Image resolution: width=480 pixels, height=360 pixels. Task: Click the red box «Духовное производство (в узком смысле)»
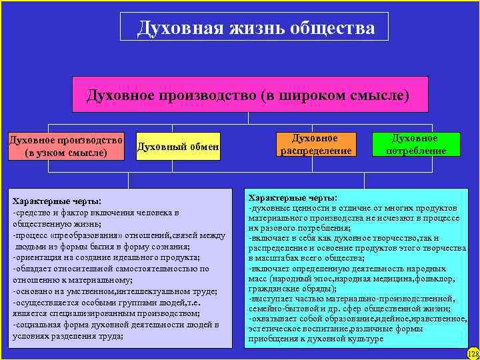point(65,147)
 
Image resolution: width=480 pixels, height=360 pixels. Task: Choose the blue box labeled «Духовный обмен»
point(177,147)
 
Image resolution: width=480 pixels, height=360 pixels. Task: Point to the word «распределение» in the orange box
point(315,151)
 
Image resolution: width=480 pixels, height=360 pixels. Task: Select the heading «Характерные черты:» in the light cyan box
point(293,198)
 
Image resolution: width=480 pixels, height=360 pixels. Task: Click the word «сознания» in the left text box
point(169,246)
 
